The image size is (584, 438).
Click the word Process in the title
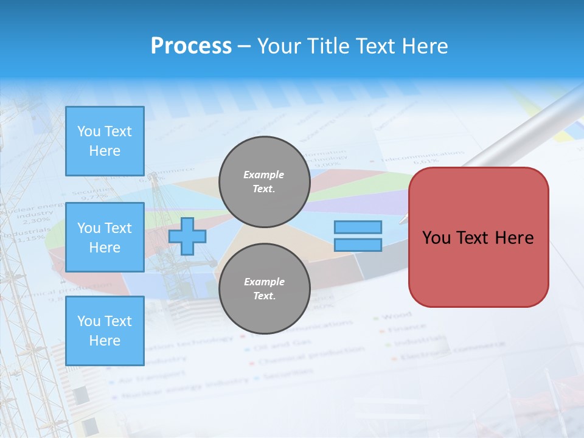click(x=191, y=46)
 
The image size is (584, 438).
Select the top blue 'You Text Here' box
click(x=105, y=141)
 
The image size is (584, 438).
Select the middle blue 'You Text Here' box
click(x=105, y=237)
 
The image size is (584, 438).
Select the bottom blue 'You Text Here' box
click(x=105, y=331)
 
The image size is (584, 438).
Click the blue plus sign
click(x=187, y=236)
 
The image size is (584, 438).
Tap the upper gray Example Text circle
click(x=264, y=181)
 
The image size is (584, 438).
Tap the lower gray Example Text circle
click(x=264, y=288)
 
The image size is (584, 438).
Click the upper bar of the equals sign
click(x=358, y=227)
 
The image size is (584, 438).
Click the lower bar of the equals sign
click(x=358, y=245)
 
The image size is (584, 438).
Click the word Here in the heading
click(x=425, y=46)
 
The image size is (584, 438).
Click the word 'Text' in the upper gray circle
click(x=263, y=189)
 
